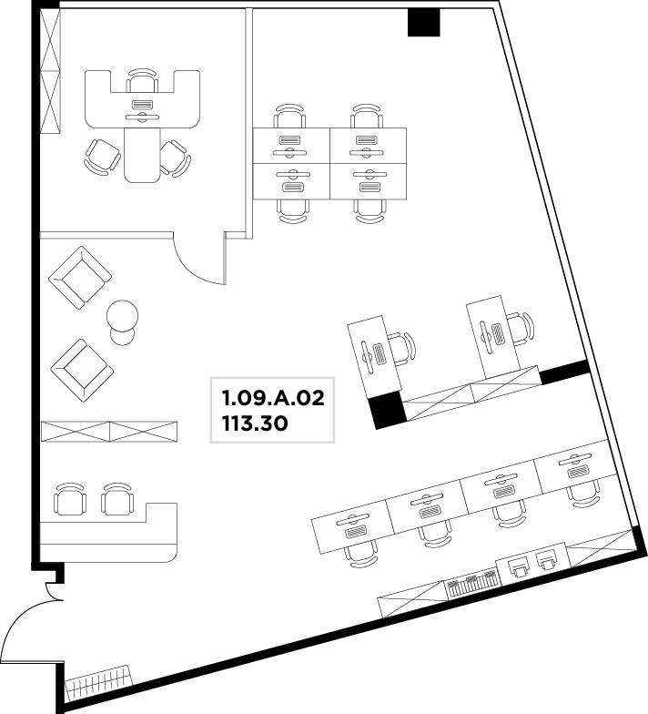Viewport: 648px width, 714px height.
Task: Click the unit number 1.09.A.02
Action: [273, 398]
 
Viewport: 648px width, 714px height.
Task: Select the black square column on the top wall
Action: [423, 23]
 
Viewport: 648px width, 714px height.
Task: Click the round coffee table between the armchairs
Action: [122, 315]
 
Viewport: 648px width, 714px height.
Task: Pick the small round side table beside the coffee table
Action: [122, 337]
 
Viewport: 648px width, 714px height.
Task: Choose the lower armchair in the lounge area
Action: [82, 371]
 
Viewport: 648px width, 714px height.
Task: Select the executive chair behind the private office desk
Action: [142, 81]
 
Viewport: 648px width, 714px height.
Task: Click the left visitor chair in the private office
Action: [103, 157]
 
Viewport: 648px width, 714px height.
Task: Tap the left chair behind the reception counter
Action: [70, 499]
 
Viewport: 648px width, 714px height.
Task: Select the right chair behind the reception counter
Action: [117, 499]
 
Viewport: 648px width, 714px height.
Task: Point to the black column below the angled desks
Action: [386, 411]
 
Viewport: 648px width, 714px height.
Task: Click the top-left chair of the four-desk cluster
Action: [289, 117]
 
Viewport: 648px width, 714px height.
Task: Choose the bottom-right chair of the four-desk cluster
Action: [370, 211]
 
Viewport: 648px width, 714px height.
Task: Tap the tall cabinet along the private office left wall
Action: [50, 71]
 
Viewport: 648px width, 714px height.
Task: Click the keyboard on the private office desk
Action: [142, 104]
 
